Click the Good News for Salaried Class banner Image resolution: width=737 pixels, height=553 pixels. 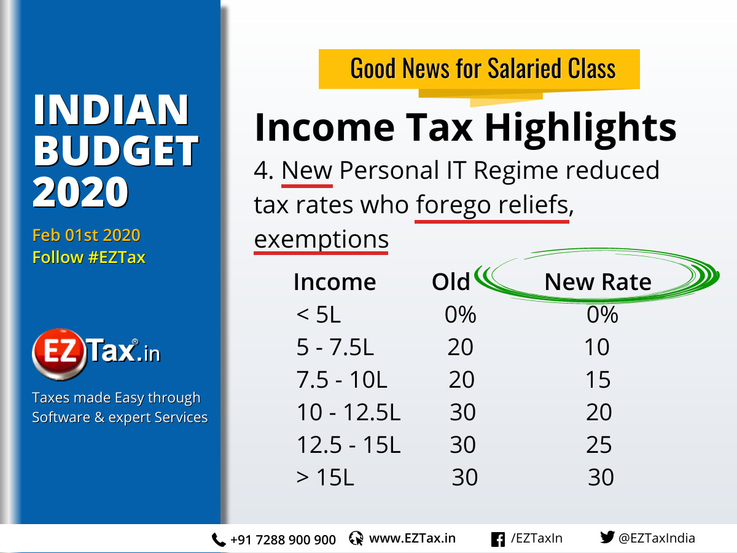[x=482, y=68]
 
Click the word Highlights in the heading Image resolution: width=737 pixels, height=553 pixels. [x=580, y=127]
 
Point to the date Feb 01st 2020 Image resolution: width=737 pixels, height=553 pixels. [x=86, y=235]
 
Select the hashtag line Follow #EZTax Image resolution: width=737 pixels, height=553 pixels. [x=88, y=257]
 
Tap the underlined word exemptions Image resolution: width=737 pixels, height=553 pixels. [x=321, y=238]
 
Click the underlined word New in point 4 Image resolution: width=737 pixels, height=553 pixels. [x=306, y=170]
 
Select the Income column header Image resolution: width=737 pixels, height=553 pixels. [x=335, y=282]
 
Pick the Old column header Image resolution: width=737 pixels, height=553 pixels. [x=450, y=282]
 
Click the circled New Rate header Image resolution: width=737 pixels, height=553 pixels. [x=598, y=282]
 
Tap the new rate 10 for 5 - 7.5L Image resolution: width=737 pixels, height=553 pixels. [x=596, y=348]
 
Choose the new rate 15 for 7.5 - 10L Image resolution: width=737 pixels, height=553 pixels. [x=598, y=380]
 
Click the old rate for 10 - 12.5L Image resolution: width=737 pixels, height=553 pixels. [x=462, y=412]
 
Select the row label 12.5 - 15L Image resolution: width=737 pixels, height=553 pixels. [x=348, y=445]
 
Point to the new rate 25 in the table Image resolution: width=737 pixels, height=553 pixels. [x=599, y=445]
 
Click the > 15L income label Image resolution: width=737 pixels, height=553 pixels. [x=325, y=477]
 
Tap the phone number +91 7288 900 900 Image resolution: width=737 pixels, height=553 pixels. [x=283, y=539]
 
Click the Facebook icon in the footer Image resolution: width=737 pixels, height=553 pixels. [x=498, y=539]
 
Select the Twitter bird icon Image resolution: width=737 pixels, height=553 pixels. [x=607, y=538]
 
